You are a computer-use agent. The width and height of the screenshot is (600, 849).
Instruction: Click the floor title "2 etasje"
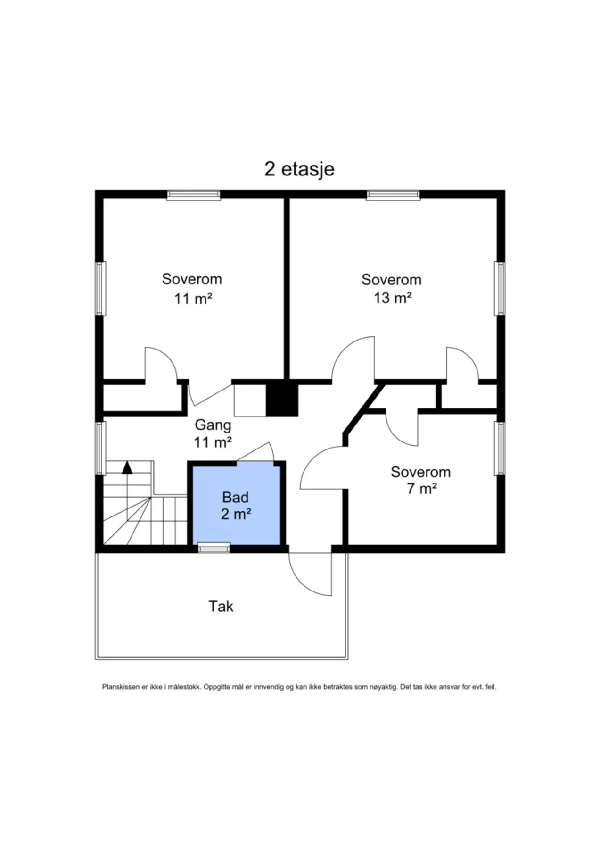point(299,169)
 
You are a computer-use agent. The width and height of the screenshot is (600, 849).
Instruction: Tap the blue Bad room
point(236,503)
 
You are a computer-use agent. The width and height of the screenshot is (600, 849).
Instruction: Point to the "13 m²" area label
point(393,298)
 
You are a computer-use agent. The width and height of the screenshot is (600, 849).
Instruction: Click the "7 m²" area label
point(422,489)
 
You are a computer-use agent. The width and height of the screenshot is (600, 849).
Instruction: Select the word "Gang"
point(213,425)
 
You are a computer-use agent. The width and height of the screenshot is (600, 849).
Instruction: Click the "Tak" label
point(221,606)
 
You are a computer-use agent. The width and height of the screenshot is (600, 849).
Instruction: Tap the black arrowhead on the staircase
point(127,467)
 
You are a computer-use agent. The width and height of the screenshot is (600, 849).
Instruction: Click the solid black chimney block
point(282,400)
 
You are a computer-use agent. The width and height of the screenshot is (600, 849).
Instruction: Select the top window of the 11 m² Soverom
point(194,195)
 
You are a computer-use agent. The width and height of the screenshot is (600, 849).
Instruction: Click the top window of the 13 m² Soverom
point(393,195)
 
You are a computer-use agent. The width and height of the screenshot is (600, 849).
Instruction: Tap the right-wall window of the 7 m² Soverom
point(500,448)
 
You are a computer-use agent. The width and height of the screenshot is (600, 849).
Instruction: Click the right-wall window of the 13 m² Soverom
point(500,288)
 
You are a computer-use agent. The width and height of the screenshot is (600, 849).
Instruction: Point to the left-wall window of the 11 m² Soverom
point(100,288)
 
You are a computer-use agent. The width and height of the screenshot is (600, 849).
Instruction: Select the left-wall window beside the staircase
point(100,448)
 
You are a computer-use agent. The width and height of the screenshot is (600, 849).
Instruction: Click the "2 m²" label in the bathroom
point(236,514)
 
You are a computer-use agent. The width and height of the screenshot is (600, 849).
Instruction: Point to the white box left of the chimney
point(250,400)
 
